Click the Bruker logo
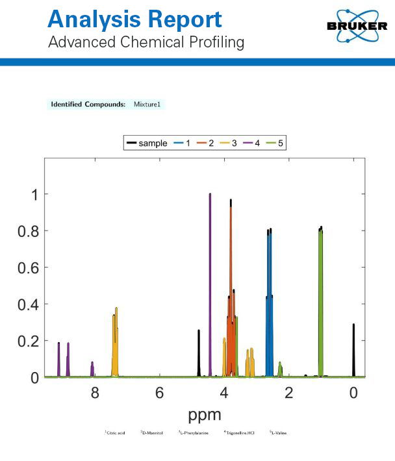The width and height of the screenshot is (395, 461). [x=357, y=26]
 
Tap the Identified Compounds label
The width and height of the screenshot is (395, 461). [x=88, y=105]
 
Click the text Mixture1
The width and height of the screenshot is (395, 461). [x=146, y=105]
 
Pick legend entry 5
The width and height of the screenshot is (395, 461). [x=274, y=143]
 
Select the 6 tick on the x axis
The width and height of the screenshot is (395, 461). [x=159, y=393]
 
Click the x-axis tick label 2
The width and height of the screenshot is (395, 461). [x=289, y=393]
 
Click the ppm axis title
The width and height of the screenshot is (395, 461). [x=205, y=414]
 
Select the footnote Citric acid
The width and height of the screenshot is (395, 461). [x=116, y=432]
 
